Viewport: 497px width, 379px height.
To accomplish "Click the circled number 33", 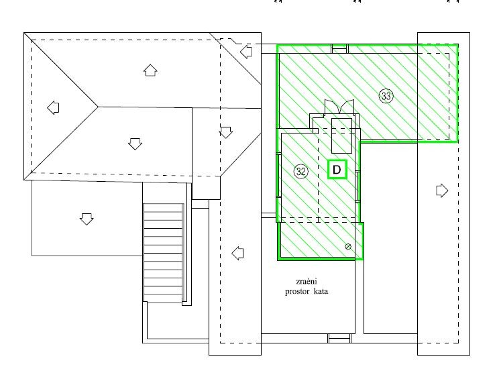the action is (386, 96).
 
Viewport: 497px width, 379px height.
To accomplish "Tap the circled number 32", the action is (300, 172).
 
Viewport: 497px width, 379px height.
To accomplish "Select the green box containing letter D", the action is (337, 169).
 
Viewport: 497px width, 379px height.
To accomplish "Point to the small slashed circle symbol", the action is (348, 247).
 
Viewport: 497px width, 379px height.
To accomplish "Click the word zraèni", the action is (307, 281).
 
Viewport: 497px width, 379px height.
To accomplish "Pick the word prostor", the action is (297, 292).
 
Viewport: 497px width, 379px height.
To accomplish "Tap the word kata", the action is (321, 291).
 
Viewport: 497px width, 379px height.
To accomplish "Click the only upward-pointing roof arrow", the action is (150, 70).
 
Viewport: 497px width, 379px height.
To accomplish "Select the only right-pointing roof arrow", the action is (442, 191).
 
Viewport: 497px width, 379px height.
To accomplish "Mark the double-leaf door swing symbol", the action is (339, 107).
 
